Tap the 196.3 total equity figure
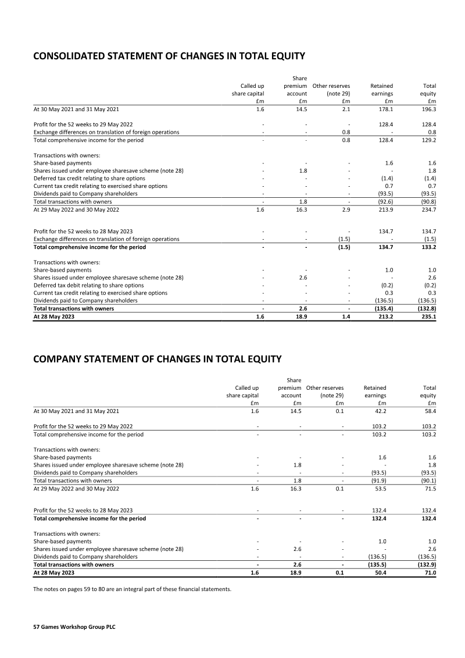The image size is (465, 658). (x=428, y=109)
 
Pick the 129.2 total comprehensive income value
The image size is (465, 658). (x=428, y=140)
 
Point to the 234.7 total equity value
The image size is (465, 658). (x=428, y=209)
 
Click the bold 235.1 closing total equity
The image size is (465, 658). (x=428, y=316)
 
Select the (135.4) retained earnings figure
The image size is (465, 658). (x=384, y=308)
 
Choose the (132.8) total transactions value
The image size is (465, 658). (x=427, y=308)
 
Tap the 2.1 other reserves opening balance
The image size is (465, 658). (x=346, y=109)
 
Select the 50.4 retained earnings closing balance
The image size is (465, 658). (x=380, y=573)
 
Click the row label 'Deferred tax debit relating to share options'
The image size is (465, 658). (x=88, y=286)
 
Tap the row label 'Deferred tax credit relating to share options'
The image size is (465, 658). (x=89, y=179)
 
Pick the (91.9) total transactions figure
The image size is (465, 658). (x=378, y=481)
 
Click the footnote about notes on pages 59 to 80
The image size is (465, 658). (x=132, y=589)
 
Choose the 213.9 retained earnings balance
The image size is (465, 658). (x=385, y=209)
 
